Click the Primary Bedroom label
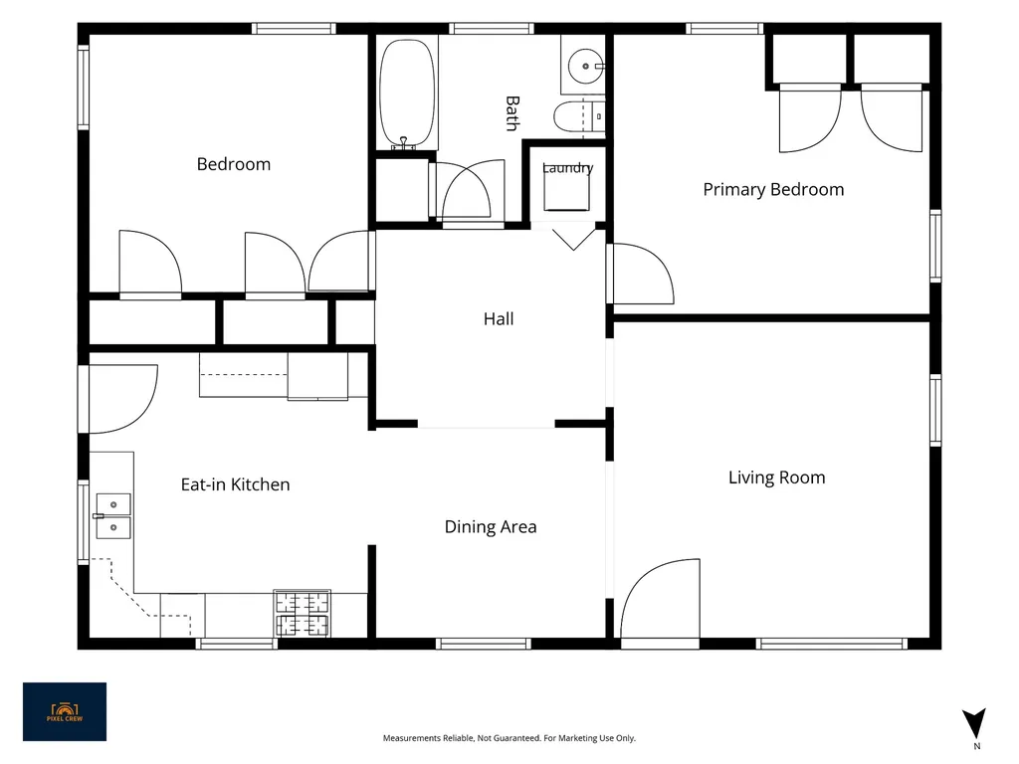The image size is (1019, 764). [x=773, y=190]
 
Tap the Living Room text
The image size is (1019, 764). [x=776, y=477]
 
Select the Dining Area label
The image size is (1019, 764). [x=491, y=527]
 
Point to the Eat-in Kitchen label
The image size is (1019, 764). [x=235, y=484]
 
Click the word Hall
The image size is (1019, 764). [x=499, y=319]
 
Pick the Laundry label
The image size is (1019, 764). [x=567, y=167]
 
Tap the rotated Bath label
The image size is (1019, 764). [x=512, y=113]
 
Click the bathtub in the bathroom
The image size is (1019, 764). [x=407, y=95]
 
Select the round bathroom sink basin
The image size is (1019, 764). [x=585, y=67]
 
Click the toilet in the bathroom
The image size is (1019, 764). [x=579, y=117]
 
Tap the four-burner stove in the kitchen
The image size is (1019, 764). [x=303, y=613]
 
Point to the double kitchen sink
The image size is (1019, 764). [x=113, y=516]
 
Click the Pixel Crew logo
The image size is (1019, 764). [x=65, y=711]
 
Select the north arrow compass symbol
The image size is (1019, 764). [x=974, y=723]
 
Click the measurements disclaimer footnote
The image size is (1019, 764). [x=509, y=738]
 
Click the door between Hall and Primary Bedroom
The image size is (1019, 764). [x=641, y=274]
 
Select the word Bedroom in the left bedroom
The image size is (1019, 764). [x=234, y=164]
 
